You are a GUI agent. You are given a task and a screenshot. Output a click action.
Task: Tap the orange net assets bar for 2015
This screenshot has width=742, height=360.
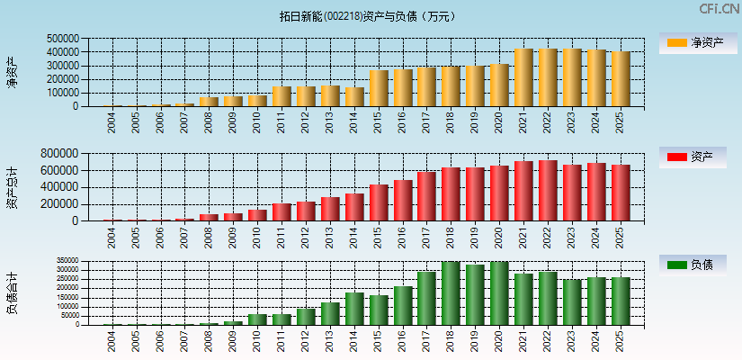379,88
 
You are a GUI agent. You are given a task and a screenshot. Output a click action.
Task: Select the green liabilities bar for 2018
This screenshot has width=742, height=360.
451,293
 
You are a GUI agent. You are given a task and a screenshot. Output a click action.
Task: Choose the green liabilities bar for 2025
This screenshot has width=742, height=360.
621,301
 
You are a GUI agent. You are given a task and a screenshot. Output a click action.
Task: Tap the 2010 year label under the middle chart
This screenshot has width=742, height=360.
258,238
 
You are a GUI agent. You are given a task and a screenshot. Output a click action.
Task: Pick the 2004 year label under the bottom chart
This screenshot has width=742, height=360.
112,339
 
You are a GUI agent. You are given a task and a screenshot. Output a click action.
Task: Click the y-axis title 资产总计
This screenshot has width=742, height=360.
13,188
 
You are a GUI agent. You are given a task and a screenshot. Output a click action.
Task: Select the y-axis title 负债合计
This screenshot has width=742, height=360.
13,292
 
